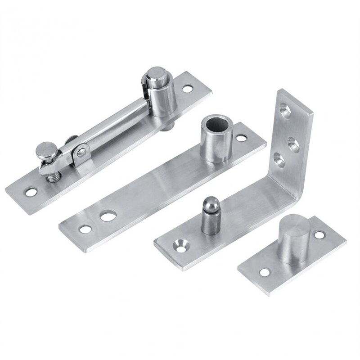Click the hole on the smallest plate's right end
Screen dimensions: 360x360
click(x=320, y=235)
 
